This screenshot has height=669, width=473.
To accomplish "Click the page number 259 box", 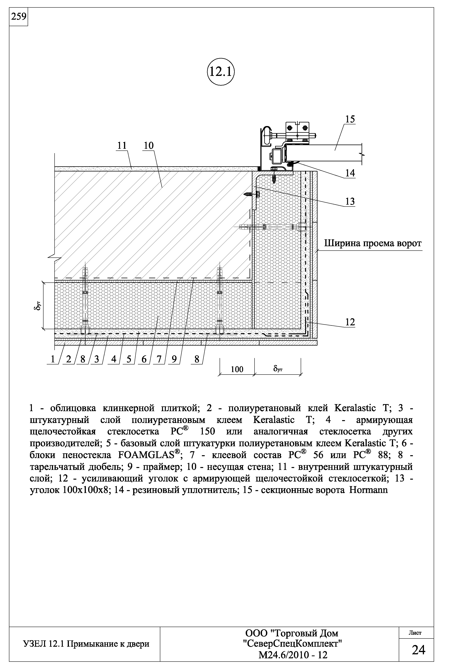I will coord(18,17).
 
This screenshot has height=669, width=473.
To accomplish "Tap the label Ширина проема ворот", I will coord(373,243).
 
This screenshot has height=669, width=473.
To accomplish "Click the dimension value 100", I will coord(237,369).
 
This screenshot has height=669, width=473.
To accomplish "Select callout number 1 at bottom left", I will coord(53,359).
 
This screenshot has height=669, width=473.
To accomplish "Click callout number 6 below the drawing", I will coord(144,359).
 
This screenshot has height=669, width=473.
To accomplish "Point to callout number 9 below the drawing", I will coord(174,359).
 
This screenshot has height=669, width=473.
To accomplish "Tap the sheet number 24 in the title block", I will coord(418,650).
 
